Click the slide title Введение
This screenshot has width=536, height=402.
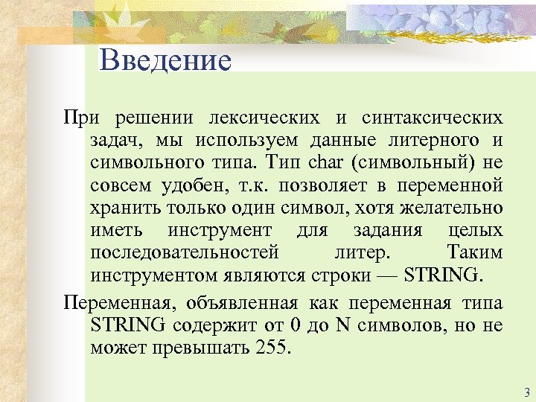coord(165,60)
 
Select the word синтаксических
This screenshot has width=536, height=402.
coord(432,118)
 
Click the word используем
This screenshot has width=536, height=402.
coord(246,140)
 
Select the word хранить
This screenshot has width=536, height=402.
coord(124,208)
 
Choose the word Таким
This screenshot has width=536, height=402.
coord(475,252)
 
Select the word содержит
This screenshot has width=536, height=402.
coord(211,325)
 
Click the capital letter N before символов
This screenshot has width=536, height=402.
coord(343,325)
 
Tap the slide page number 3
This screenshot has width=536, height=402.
coord(526,392)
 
